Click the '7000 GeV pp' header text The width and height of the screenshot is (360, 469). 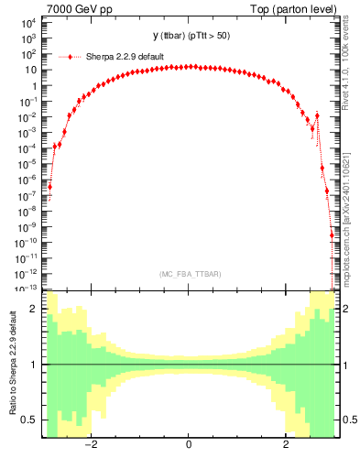click(75, 9)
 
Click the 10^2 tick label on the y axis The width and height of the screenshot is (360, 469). click(27, 54)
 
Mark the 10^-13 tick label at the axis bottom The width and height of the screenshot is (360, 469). click(26, 288)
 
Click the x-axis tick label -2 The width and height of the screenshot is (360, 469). click(92, 445)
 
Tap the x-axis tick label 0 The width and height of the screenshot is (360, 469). click(189, 445)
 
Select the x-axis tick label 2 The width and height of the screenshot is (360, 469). click(286, 445)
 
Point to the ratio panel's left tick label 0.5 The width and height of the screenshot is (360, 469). click(30, 420)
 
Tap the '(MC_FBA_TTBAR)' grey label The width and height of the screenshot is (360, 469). click(189, 274)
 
